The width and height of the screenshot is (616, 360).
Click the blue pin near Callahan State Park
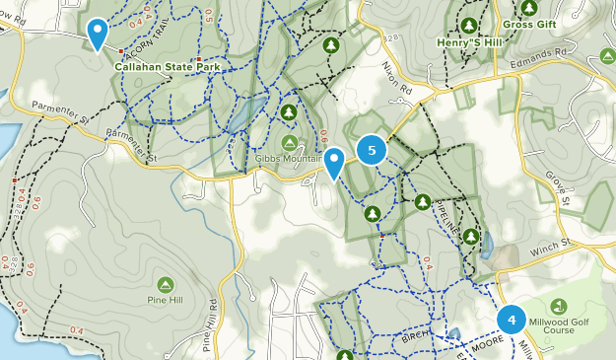coord(97,34)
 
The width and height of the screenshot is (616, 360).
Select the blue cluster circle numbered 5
coord(372,151)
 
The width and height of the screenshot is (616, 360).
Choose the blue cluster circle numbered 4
coord(512,320)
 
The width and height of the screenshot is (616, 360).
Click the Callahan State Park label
coord(166,67)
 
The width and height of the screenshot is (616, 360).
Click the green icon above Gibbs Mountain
coord(289,113)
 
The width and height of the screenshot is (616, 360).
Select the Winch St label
coord(553,242)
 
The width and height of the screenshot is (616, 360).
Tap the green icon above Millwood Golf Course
coord(559,306)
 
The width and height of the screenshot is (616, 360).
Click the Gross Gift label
coord(530,24)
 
